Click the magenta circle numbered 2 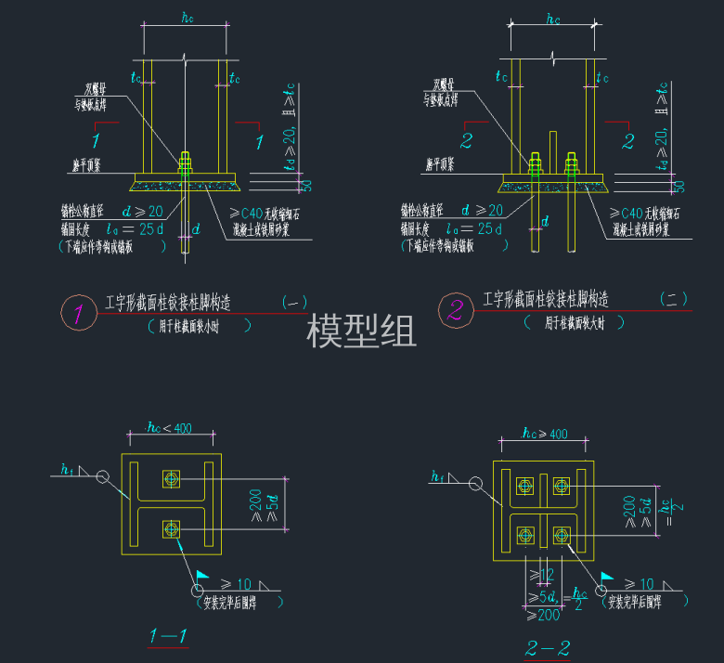(x=455, y=309)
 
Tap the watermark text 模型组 (x=361, y=330)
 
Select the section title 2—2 (x=548, y=647)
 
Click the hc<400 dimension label (x=169, y=427)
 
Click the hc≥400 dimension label (x=544, y=434)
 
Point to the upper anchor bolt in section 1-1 (x=172, y=478)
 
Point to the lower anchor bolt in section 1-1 (x=172, y=529)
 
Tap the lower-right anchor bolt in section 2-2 (x=561, y=534)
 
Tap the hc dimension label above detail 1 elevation (x=185, y=16)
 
